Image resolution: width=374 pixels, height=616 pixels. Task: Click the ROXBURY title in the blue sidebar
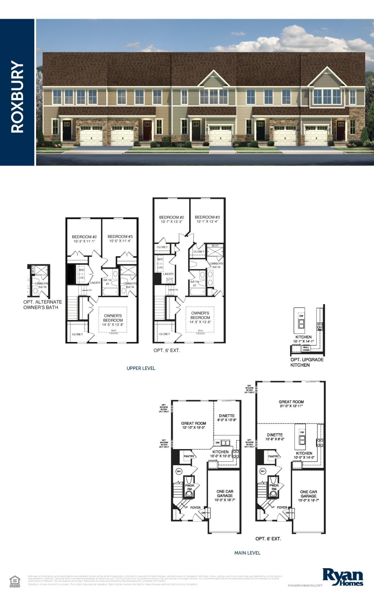point(17,97)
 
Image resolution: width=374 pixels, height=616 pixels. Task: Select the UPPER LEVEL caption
point(141,368)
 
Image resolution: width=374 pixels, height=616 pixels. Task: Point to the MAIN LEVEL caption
point(247,553)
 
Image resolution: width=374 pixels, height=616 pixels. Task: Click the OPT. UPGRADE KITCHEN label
point(307,362)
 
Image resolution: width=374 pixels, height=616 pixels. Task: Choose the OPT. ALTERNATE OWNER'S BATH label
point(42,305)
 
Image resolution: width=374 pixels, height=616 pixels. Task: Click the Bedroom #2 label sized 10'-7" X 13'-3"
point(172,219)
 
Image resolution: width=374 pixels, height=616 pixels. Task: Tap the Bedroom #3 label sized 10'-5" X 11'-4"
point(120,239)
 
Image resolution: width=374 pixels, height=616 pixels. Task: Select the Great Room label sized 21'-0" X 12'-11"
point(291,404)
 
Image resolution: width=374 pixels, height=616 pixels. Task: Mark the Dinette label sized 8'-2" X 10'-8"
point(227,417)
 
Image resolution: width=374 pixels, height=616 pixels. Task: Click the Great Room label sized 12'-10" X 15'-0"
point(193,425)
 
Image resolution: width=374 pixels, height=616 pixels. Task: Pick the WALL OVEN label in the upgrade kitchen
point(306,349)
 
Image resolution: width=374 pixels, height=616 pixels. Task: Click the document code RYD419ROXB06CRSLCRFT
point(305,586)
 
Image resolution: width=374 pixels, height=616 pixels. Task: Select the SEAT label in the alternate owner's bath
point(32,270)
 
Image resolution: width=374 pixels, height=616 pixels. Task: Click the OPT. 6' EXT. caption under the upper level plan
point(167,350)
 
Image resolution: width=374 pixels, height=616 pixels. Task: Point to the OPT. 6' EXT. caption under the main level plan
point(268,539)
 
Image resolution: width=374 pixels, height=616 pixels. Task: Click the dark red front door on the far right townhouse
point(340,130)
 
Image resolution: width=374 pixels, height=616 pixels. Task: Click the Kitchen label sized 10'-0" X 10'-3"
point(221,454)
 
